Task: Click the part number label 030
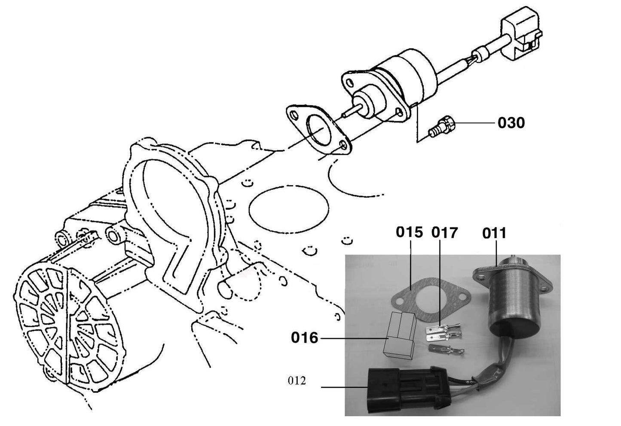point(511,123)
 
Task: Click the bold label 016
point(304,338)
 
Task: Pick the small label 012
point(297,380)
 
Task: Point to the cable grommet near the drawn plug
point(480,55)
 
